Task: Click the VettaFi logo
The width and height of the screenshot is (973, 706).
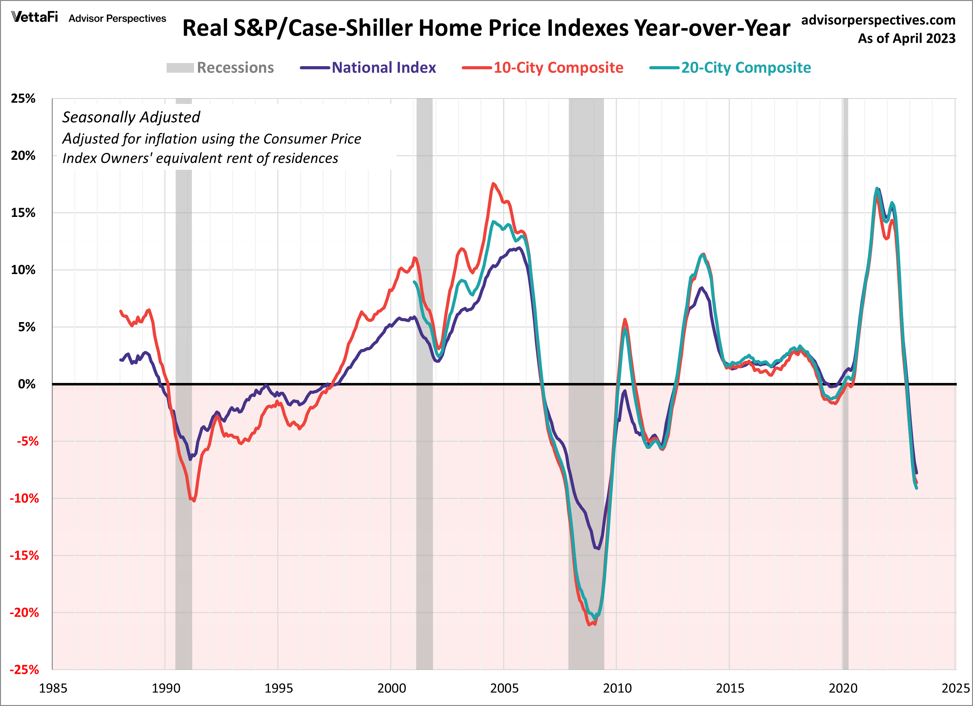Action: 34,17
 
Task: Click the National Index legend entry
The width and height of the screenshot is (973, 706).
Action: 383,68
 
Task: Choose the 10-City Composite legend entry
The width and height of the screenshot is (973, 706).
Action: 558,68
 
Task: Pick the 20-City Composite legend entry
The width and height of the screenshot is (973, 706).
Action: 746,68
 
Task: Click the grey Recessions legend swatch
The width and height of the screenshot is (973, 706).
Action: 180,68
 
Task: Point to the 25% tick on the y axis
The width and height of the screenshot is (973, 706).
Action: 23,98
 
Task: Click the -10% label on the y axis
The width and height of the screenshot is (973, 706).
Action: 24,498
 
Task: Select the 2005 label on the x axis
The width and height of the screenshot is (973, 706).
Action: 504,689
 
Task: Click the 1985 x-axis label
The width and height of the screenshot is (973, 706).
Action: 53,689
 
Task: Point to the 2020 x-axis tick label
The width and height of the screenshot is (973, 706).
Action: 843,689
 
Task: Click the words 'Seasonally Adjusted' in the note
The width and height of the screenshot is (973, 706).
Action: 131,117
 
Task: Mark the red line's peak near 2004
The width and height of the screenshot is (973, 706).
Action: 494,184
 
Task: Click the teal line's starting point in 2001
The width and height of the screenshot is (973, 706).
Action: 414,282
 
